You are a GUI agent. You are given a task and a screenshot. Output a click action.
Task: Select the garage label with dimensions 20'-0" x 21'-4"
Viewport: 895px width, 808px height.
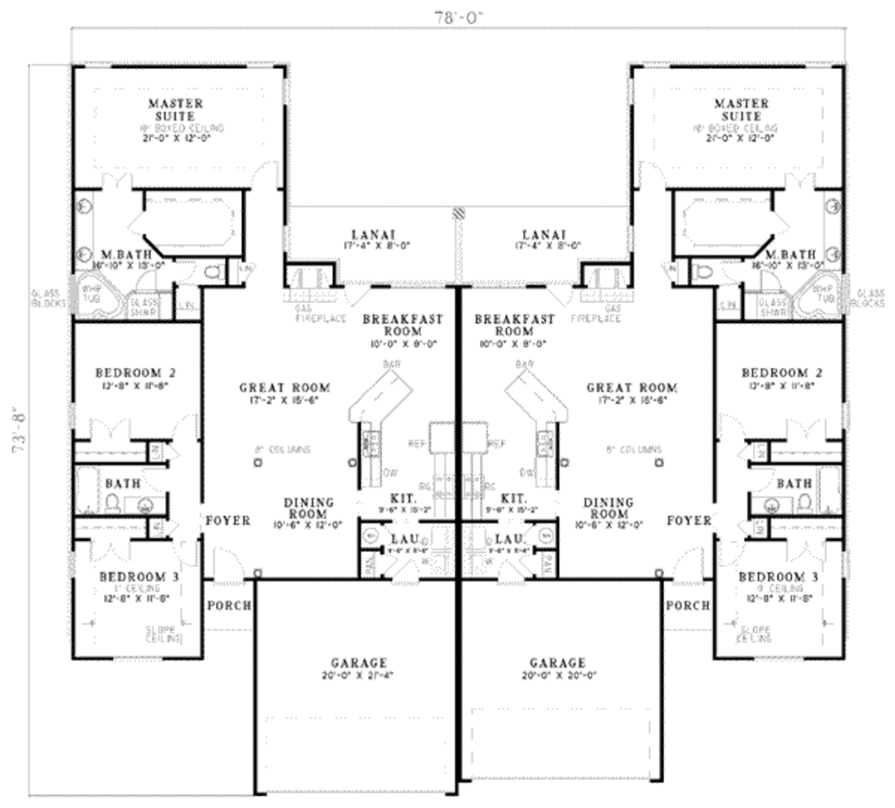click(x=358, y=669)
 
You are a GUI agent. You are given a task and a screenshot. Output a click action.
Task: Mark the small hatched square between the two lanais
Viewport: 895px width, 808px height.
click(x=456, y=213)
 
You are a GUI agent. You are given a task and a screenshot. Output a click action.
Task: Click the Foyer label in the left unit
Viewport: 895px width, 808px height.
click(x=227, y=521)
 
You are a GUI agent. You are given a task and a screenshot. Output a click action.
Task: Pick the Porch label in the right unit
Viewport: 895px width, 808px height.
click(x=688, y=605)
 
